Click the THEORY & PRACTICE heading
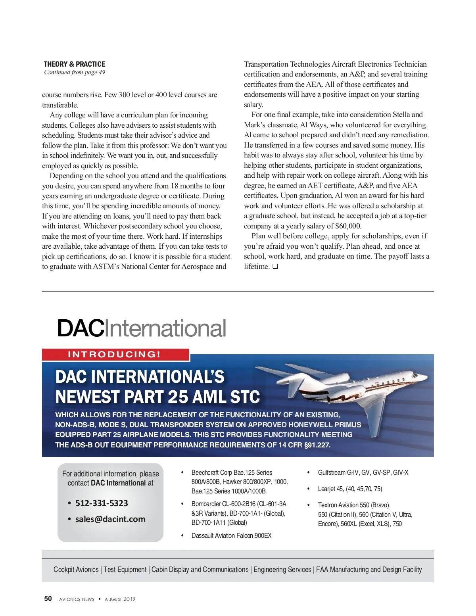coord(75,64)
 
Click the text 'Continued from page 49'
coord(75,72)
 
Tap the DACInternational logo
coord(142,328)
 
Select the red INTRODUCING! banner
coord(115,354)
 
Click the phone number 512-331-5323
coord(102,503)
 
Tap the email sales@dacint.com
coord(110,519)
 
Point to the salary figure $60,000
coord(348,226)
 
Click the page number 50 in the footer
coord(48,599)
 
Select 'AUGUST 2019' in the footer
coord(120,599)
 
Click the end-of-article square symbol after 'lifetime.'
coord(275,267)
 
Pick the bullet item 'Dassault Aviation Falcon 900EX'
coord(231,535)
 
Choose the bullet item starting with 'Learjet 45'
coord(350,489)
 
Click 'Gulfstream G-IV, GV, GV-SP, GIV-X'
coord(363,472)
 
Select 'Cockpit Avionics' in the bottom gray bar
coord(76,570)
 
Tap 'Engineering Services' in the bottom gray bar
coord(282,570)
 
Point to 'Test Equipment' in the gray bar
coord(125,570)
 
